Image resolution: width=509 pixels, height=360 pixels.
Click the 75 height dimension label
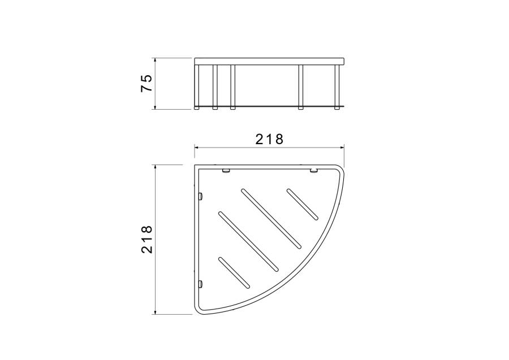[146, 83]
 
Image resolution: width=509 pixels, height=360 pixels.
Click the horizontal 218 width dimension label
[269, 139]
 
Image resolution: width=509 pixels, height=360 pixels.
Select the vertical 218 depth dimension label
[146, 240]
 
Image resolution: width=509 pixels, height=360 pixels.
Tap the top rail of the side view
[269, 61]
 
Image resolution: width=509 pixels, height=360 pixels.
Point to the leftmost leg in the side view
[197, 87]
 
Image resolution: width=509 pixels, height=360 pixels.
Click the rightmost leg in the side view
[337, 87]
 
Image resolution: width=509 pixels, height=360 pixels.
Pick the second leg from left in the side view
[215, 87]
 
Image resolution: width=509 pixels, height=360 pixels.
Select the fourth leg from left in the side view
[301, 87]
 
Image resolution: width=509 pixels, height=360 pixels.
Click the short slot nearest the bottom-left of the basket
[234, 272]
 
